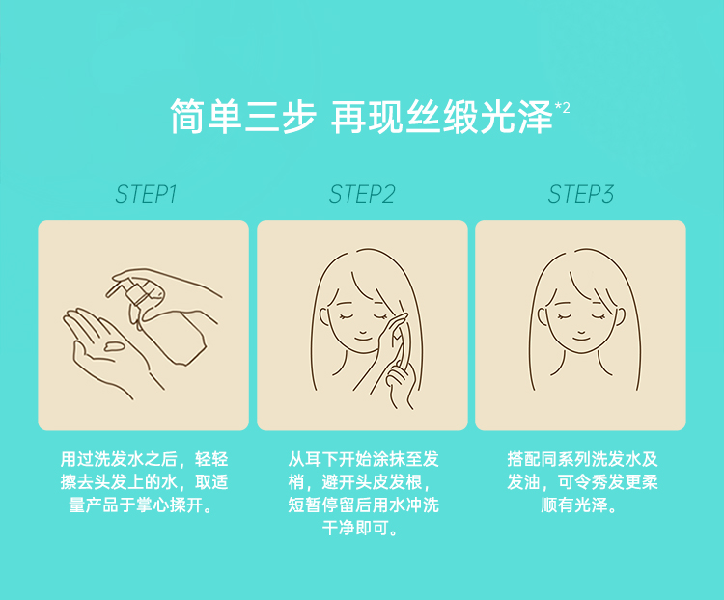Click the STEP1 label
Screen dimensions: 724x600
pos(146,194)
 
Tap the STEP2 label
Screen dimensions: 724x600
pos(362,194)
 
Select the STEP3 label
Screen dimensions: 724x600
pos(581,194)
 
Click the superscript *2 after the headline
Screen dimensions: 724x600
pos(563,107)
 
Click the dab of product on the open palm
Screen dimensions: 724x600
pos(114,345)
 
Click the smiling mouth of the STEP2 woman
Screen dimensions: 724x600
pos(362,339)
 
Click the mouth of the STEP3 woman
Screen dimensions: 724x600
pos(581,339)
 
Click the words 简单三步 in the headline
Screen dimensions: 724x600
pos(243,117)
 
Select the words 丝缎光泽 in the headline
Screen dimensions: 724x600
pos(479,117)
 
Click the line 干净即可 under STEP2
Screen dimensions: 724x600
pos(355,528)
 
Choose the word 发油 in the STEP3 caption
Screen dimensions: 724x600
pos(523,482)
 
